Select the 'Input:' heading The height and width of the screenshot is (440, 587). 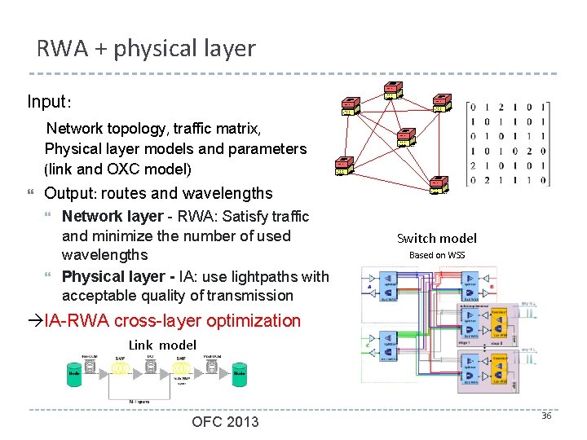(49, 103)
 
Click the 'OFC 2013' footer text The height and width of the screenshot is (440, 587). (225, 421)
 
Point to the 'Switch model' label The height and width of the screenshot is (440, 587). (436, 239)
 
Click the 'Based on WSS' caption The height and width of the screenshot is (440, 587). (436, 255)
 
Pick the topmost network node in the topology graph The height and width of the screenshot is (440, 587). (393, 90)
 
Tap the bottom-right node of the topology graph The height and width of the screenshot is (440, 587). (439, 185)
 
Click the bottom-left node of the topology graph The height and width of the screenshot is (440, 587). (344, 165)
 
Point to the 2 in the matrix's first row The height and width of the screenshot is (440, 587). (501, 106)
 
